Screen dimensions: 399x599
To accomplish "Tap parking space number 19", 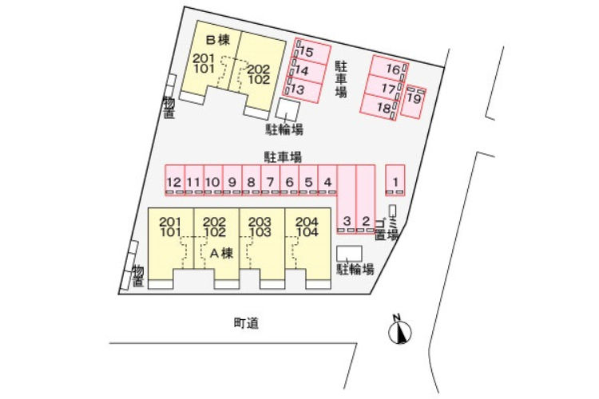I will [414, 101].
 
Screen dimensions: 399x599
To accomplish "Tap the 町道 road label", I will [247, 323].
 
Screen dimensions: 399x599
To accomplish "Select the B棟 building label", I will [217, 39].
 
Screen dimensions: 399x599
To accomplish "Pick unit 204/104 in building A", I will [307, 227].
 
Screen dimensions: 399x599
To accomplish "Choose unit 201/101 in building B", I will [204, 64].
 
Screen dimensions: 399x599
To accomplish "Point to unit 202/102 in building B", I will [257, 73].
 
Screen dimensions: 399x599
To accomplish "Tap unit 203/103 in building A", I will [261, 227].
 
